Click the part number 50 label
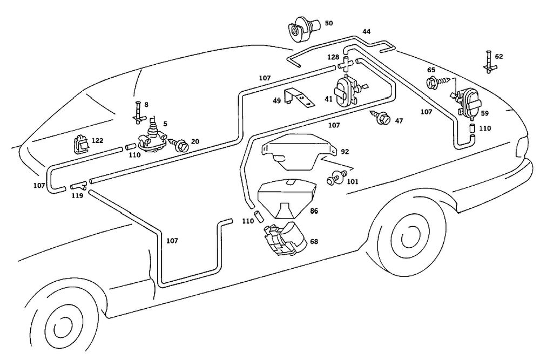click(329, 23)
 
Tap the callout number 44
click(367, 32)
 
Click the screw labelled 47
click(383, 118)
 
